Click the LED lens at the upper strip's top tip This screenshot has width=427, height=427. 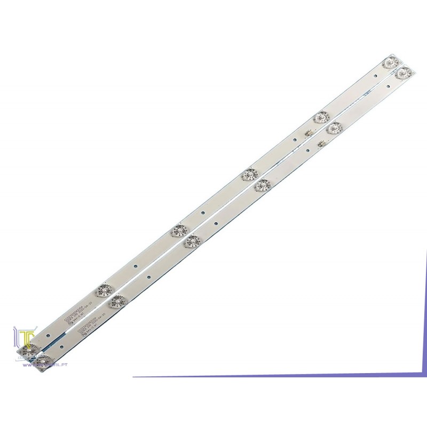[391, 62]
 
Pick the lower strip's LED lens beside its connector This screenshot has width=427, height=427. [334, 128]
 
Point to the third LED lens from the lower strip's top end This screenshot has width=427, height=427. [263, 185]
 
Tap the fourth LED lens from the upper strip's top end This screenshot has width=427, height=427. [177, 231]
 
